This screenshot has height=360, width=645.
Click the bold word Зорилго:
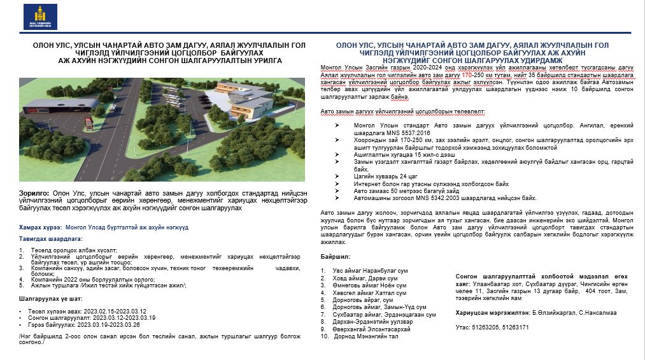(34, 192)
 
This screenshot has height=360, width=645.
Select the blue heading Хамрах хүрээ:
(40, 226)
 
